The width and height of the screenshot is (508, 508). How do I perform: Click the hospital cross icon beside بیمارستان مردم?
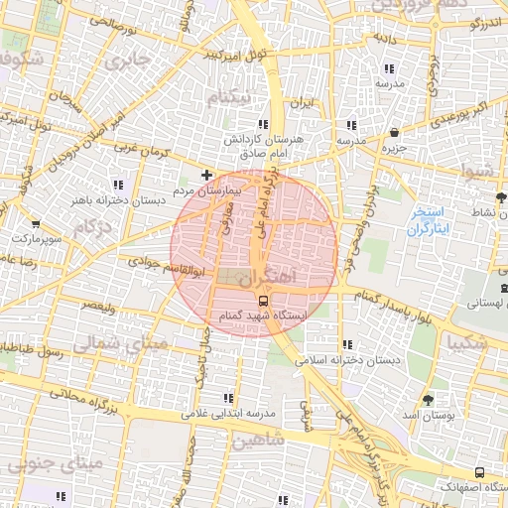(206, 176)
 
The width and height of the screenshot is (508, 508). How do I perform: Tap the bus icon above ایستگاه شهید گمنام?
(263, 299)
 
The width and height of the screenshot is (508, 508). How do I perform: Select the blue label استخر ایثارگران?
(429, 221)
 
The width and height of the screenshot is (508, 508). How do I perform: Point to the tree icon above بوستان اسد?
(428, 400)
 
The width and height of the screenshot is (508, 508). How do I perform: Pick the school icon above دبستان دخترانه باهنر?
(118, 186)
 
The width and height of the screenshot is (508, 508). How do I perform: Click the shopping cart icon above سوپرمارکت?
(37, 224)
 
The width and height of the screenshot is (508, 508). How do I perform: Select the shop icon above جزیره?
(396, 132)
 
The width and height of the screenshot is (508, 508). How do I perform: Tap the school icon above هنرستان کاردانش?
(262, 124)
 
